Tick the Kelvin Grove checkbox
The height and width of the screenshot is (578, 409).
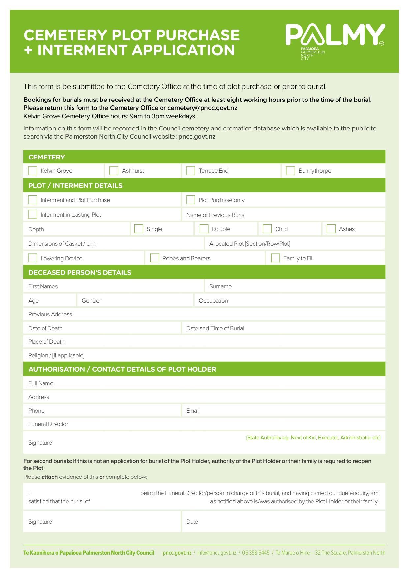click(33, 171)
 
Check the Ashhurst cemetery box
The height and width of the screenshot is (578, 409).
click(114, 171)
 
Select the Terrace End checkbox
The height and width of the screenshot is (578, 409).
click(190, 171)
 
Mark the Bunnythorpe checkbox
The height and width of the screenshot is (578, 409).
click(290, 171)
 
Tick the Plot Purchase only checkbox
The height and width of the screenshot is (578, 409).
click(190, 200)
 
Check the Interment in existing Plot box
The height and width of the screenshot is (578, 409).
click(33, 215)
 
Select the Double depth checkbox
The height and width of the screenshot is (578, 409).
click(204, 229)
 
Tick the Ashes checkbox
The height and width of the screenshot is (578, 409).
click(331, 229)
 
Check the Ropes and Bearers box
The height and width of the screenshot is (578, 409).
click(155, 258)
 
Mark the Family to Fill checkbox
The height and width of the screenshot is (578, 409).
click(276, 258)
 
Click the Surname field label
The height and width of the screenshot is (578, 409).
click(220, 286)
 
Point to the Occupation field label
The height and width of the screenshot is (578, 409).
click(213, 301)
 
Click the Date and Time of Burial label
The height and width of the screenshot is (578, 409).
click(215, 328)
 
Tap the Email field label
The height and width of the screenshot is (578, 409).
click(193, 411)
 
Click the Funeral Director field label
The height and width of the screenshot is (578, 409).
click(48, 424)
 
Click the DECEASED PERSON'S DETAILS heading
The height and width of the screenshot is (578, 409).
click(79, 273)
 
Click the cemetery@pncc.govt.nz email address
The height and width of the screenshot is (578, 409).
click(202, 108)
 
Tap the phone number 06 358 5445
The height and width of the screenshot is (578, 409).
click(255, 553)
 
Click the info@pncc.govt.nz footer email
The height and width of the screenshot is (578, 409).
click(217, 553)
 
